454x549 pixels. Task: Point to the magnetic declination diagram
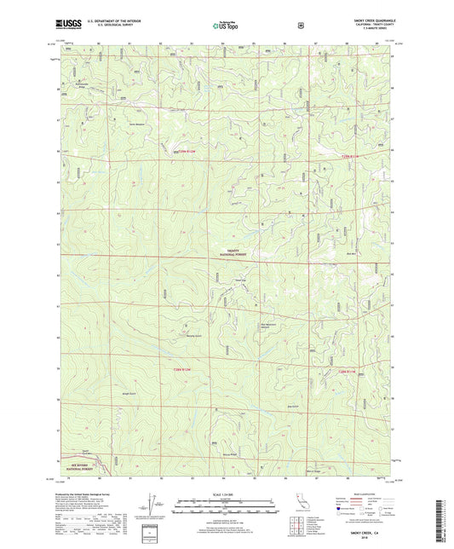pos(154,505)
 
